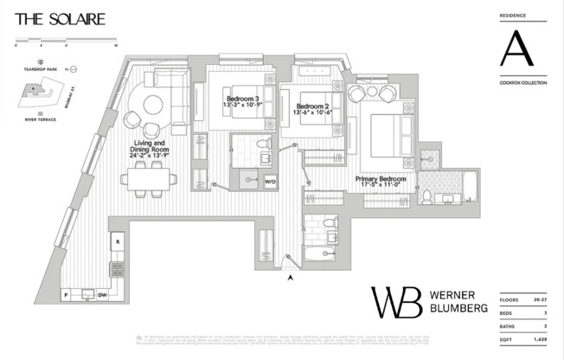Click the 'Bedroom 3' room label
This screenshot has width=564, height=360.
point(241,99)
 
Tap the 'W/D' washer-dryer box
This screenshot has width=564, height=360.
point(270,181)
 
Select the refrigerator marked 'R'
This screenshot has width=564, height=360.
point(118,241)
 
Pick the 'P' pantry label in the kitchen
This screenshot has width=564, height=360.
point(65,294)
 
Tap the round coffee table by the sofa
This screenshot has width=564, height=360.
point(152,105)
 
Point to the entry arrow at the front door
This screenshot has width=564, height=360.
point(291,277)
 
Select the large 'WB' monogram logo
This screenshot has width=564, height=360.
point(397,301)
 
